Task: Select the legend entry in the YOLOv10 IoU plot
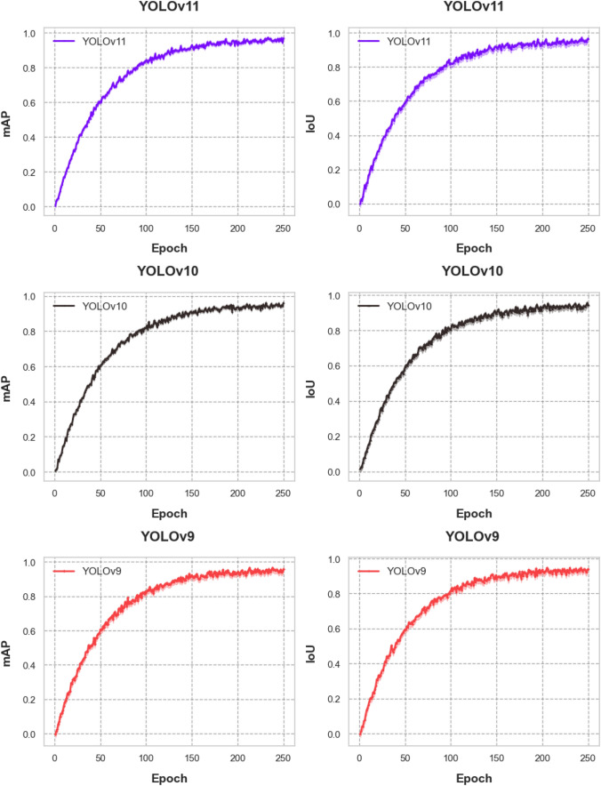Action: (x=397, y=306)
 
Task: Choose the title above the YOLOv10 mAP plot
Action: (x=168, y=271)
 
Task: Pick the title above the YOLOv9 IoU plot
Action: (x=471, y=536)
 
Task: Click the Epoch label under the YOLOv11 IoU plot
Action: (x=471, y=248)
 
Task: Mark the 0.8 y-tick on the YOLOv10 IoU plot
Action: (x=334, y=332)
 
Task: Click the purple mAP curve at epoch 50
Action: (x=100, y=100)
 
